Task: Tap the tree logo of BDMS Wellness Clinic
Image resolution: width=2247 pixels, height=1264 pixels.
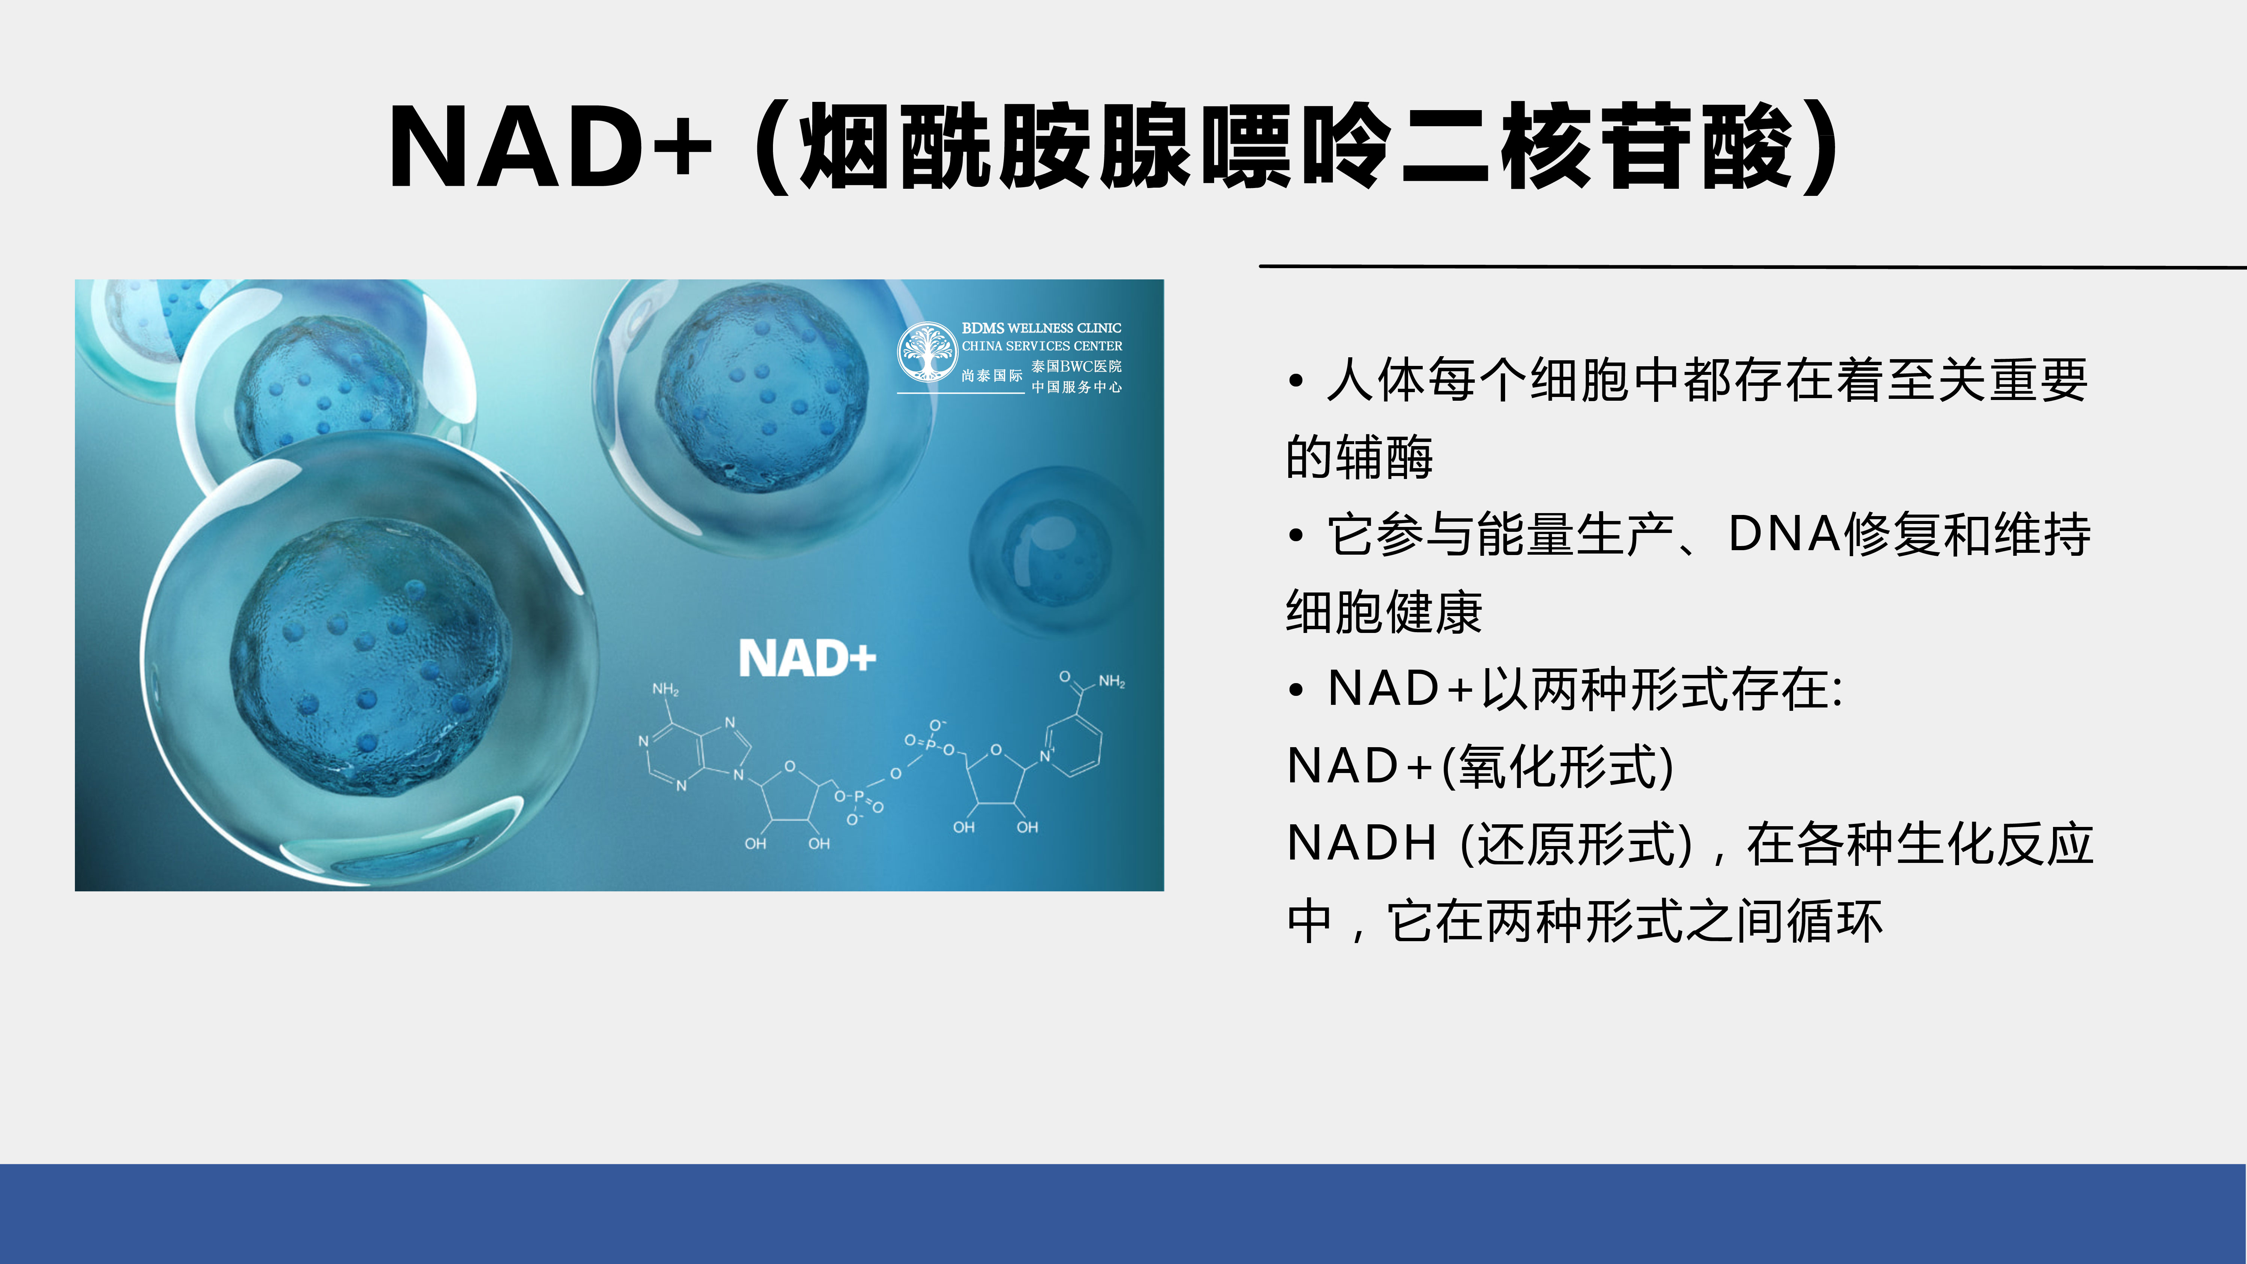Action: tap(927, 352)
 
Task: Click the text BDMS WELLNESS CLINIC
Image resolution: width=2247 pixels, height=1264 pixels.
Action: tap(1041, 328)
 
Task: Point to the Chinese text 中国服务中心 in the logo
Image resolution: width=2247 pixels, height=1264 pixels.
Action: tap(1076, 387)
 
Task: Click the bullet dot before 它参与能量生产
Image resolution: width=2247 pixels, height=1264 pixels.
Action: tap(1296, 536)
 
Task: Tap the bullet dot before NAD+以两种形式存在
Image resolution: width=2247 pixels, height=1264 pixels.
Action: tap(1296, 690)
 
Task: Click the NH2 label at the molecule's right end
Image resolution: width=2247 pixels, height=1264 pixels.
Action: tap(1111, 681)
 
